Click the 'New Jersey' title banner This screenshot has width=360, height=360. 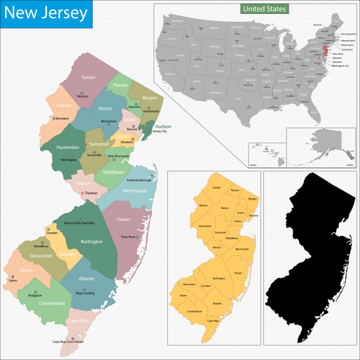(x=46, y=13)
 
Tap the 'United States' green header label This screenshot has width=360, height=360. (x=265, y=9)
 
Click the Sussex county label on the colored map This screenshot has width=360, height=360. (x=89, y=77)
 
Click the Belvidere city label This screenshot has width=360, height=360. (x=62, y=118)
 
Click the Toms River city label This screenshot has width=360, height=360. (x=128, y=237)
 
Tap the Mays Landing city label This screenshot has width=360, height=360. (x=86, y=293)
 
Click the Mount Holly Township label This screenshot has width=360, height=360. (x=79, y=223)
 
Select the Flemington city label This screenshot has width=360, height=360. (x=68, y=160)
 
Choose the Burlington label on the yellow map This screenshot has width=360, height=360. (x=219, y=278)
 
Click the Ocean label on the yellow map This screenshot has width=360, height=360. (x=238, y=273)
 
